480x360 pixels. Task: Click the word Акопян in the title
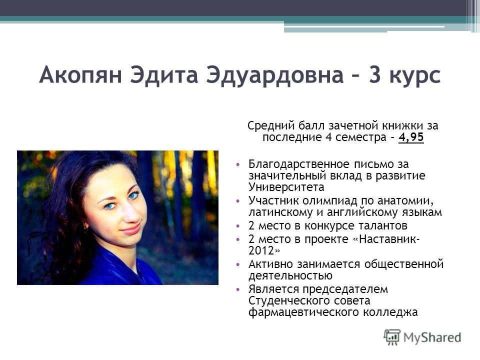(x=80, y=75)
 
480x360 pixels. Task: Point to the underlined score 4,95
(x=411, y=137)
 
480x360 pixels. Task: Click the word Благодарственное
(x=299, y=164)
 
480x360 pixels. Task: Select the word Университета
(x=286, y=187)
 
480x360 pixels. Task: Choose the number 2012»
(x=264, y=250)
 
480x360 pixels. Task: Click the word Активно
(x=270, y=264)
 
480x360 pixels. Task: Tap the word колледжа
(x=390, y=312)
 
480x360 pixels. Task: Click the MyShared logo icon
(x=392, y=337)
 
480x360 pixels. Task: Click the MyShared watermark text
(x=432, y=337)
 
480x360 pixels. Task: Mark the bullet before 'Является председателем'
(x=238, y=289)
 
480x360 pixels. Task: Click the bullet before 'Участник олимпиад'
(x=238, y=201)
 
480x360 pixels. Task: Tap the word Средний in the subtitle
(x=271, y=126)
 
